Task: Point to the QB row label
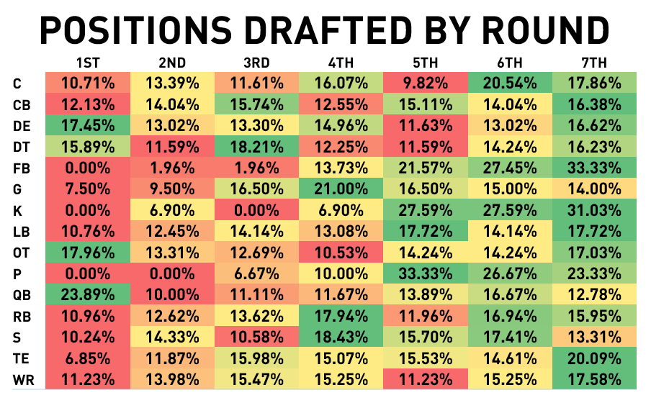point(21,294)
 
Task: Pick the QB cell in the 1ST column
point(88,294)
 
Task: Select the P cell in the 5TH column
point(426,273)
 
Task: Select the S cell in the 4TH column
point(341,337)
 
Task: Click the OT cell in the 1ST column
point(88,253)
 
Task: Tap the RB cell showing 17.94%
point(341,315)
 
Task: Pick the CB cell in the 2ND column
point(173,105)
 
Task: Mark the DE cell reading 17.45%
point(88,126)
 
